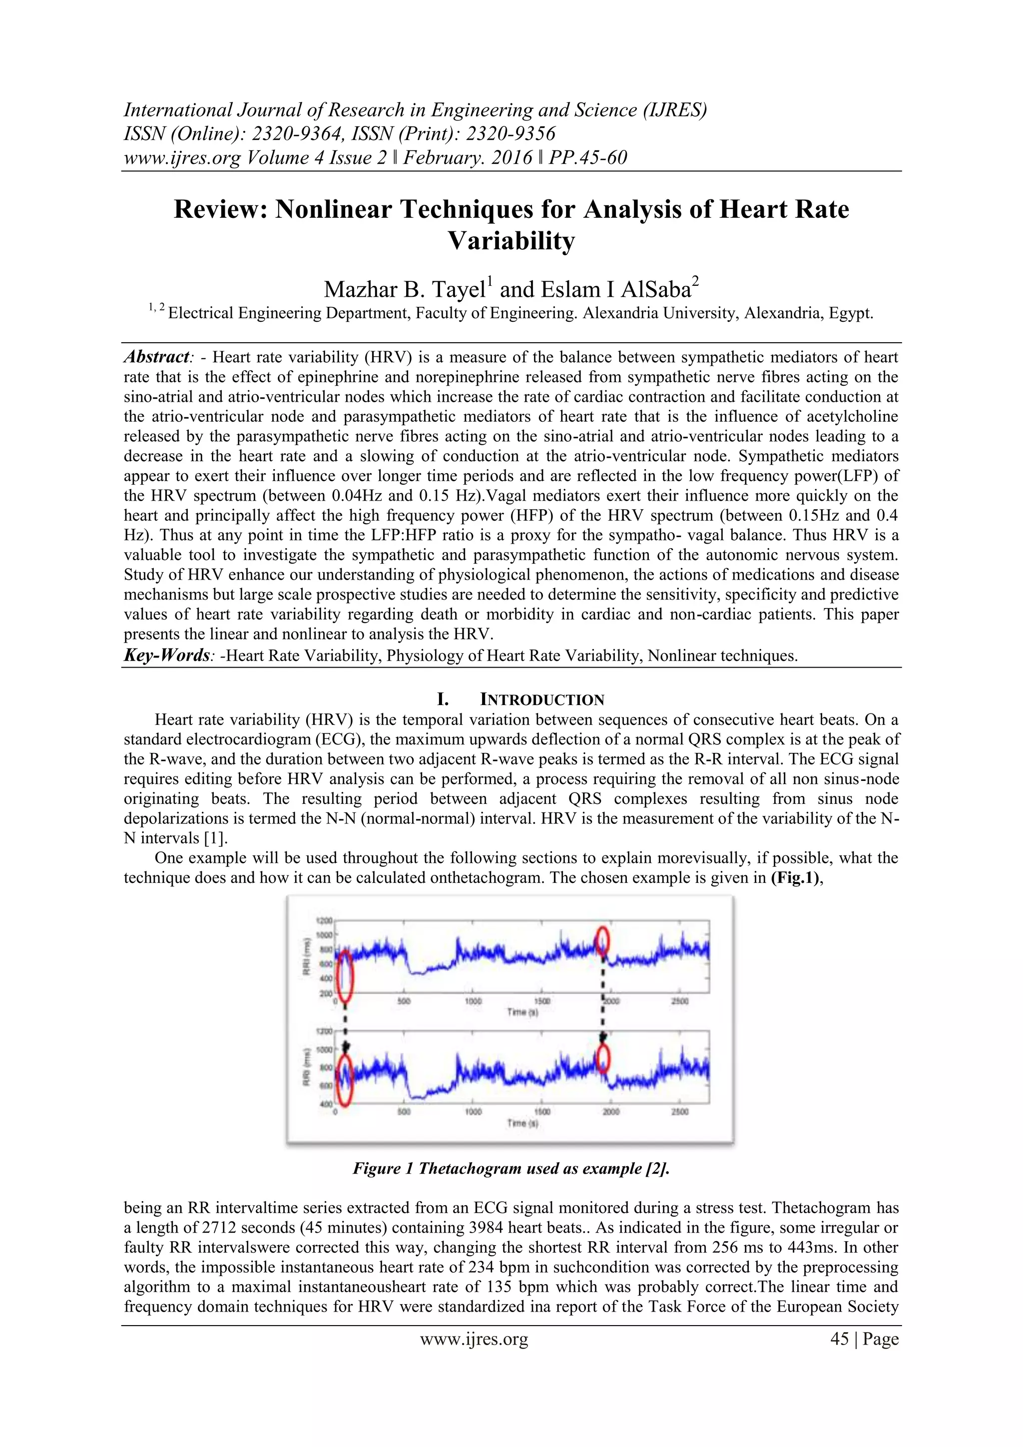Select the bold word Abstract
point(156,357)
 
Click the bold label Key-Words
point(166,656)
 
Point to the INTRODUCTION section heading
point(542,700)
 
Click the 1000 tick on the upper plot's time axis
point(473,1001)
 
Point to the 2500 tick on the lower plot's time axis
point(680,1112)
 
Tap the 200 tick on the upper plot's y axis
point(326,993)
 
